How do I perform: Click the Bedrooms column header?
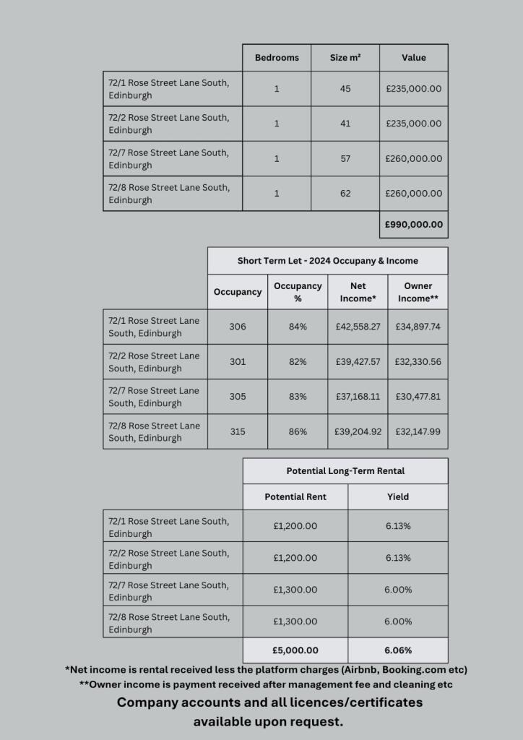point(277,58)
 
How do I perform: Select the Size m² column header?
point(345,58)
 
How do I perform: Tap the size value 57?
point(345,158)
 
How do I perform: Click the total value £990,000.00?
point(414,224)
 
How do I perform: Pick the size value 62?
point(345,193)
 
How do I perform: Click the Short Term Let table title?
point(327,261)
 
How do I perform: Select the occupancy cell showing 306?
point(238,327)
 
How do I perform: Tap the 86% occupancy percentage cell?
point(298,431)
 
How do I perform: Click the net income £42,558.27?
point(358,327)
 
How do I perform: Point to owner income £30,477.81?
point(418,396)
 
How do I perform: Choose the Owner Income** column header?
point(418,292)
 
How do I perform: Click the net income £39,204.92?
point(358,431)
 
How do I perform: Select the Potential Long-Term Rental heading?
point(345,470)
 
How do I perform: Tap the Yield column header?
point(398,496)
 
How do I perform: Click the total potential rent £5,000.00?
point(295,650)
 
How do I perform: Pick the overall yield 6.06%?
point(398,650)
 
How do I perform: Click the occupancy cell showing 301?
point(238,361)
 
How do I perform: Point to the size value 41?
point(345,124)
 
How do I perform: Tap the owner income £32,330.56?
point(418,361)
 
